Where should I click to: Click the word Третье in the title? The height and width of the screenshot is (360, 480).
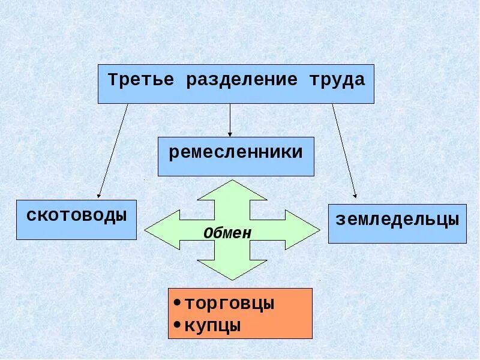pos(141,80)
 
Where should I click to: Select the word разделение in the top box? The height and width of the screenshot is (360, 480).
pos(242,80)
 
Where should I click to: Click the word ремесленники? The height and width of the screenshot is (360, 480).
pos(236,152)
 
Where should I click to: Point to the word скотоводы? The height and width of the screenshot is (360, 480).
pos(76,215)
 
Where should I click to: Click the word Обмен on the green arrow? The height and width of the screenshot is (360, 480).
pos(227,233)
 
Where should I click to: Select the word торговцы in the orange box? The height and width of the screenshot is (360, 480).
pos(229,304)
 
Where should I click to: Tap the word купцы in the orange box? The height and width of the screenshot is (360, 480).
pos(213,326)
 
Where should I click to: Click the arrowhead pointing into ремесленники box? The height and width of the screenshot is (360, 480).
pos(230,133)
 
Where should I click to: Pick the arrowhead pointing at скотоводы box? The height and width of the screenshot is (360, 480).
pos(100,194)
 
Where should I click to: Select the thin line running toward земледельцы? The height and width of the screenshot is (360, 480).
pos(344,150)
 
